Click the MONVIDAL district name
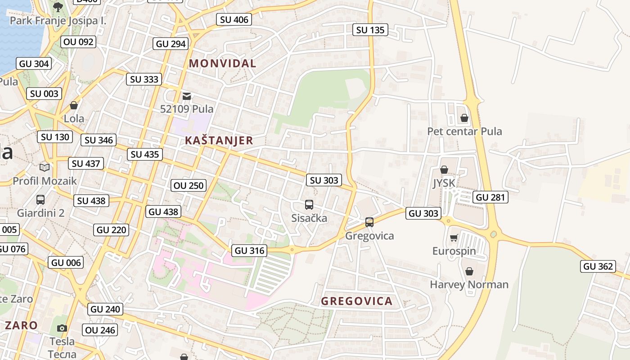tap(222, 63)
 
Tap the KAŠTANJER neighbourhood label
tap(219, 140)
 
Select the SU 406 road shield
tap(234, 19)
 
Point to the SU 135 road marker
tap(370, 30)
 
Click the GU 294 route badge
tap(171, 44)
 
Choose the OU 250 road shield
tap(189, 185)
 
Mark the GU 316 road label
tap(250, 251)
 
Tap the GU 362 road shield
tap(598, 266)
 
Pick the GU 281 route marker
tap(491, 197)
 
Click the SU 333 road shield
tap(144, 80)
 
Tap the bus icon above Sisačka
tap(309, 205)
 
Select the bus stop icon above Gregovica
tap(369, 222)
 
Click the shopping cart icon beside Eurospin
tap(454, 238)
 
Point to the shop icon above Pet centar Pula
tap(464, 118)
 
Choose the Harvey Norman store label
tap(469, 284)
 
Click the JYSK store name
tap(444, 183)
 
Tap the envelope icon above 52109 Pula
tap(187, 96)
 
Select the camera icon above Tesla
tap(62, 328)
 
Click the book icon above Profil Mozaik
tap(44, 168)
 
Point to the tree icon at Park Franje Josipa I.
tap(58, 7)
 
